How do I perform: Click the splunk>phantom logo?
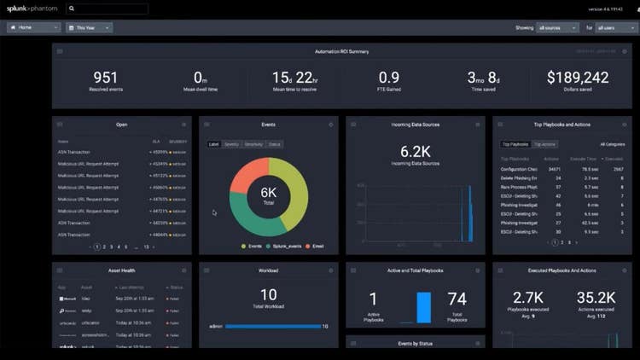32,9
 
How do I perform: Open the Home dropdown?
32,28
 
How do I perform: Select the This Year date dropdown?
89,28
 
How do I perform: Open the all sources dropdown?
558,28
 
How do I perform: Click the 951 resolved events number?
105,78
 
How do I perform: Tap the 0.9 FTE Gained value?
388,78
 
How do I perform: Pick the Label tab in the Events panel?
213,144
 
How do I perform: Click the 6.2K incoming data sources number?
416,152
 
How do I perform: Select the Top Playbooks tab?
515,144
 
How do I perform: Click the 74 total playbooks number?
457,299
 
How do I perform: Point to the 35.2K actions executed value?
596,298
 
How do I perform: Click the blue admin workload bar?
264,326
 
